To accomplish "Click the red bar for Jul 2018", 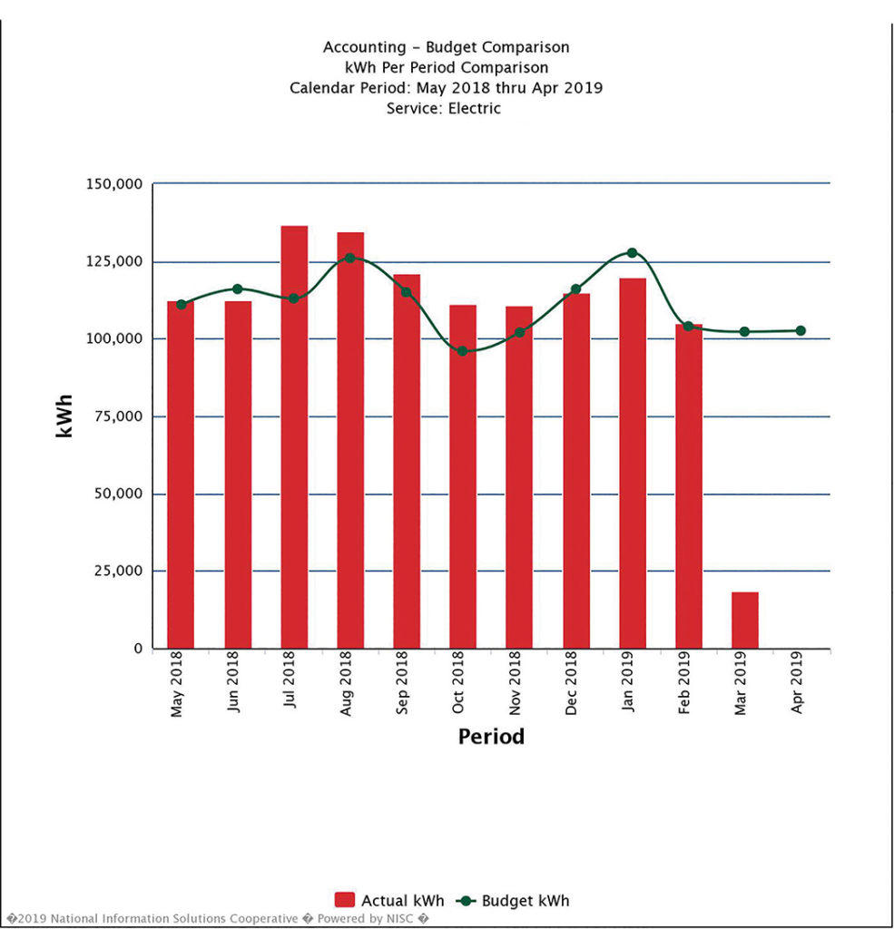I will pyautogui.click(x=294, y=436).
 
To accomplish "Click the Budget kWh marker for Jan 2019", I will pyautogui.click(x=632, y=253).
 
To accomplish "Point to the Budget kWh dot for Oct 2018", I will pyautogui.click(x=463, y=351).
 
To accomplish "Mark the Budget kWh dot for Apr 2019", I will pyautogui.click(x=801, y=331).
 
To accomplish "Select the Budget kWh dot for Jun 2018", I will pyautogui.click(x=238, y=289).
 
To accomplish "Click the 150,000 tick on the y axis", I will pyautogui.click(x=113, y=184).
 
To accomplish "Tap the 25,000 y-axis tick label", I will pyautogui.click(x=116, y=572).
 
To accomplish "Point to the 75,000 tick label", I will pyautogui.click(x=116, y=416).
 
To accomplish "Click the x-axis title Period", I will pyautogui.click(x=491, y=736).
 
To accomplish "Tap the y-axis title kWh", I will pyautogui.click(x=64, y=416).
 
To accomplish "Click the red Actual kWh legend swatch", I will pyautogui.click(x=345, y=900).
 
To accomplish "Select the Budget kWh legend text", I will pyautogui.click(x=526, y=901).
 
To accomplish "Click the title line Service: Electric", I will pyautogui.click(x=443, y=108).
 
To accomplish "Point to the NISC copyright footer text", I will pyautogui.click(x=218, y=918).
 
